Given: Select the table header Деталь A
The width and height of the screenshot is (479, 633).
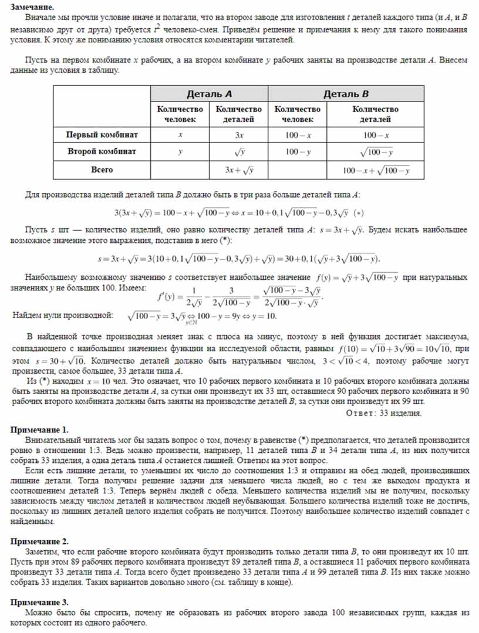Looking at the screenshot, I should click(209, 93).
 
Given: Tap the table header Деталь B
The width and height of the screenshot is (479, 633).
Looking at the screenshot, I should click(346, 93).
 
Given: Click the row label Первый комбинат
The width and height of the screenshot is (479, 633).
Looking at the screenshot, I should click(102, 134).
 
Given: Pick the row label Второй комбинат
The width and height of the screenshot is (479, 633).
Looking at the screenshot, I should click(102, 151).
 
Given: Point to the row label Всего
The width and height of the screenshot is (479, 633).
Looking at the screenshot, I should click(102, 170).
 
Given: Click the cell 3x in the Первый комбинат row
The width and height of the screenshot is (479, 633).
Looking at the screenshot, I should click(238, 134).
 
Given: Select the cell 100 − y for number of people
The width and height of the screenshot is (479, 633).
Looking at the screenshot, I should click(297, 151).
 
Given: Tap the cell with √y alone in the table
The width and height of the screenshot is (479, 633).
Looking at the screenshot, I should click(238, 152).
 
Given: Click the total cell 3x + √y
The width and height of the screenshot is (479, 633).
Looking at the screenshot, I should click(238, 170).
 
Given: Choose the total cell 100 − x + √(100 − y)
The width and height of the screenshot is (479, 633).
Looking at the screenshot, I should click(376, 170).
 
